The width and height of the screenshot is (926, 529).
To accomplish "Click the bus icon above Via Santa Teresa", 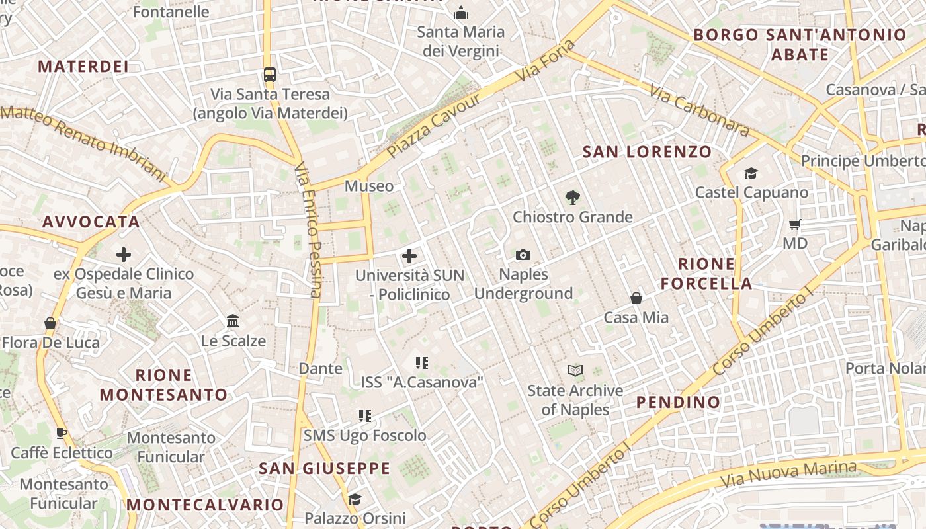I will [x=269, y=75].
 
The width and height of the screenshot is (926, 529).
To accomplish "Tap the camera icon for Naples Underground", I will [x=523, y=255].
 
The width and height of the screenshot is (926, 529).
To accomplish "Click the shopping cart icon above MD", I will [x=795, y=224].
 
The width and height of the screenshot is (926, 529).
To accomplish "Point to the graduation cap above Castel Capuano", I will [x=751, y=173].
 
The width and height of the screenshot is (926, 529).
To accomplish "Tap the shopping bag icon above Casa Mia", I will [x=636, y=298].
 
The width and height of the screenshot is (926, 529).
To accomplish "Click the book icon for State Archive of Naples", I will [x=575, y=371].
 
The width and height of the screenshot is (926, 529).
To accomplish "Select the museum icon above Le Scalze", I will [x=233, y=321].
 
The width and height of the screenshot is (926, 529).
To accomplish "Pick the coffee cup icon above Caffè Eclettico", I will [x=62, y=433].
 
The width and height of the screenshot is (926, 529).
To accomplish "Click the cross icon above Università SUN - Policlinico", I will [x=409, y=256].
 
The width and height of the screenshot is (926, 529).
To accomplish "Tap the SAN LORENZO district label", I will [x=647, y=152].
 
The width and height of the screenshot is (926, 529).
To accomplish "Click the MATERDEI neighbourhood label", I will [x=83, y=67].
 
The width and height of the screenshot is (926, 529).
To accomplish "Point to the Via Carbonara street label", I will [x=700, y=110].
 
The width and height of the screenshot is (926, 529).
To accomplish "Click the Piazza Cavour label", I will [x=435, y=126].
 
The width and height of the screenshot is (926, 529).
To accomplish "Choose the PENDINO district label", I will [x=678, y=402].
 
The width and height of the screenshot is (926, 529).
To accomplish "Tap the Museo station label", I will [x=369, y=186].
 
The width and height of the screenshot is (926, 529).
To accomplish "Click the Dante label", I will [x=321, y=368].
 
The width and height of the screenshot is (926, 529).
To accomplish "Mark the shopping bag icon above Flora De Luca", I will [x=50, y=323].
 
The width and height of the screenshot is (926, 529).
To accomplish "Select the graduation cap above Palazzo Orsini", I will [x=355, y=499].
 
